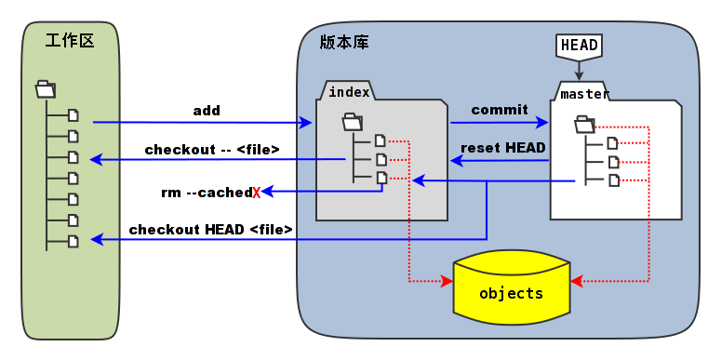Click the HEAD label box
579,45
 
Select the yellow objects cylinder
511,292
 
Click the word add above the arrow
207,111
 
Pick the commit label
500,110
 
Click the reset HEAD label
503,147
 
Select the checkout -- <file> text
212,149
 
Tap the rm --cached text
206,193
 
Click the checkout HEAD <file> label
211,229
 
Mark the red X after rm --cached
256,193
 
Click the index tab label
349,91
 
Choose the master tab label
584,93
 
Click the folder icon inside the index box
352,121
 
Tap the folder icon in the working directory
46,89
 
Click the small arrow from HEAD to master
579,69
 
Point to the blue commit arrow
500,122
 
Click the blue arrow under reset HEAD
500,161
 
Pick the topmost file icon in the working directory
73,115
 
